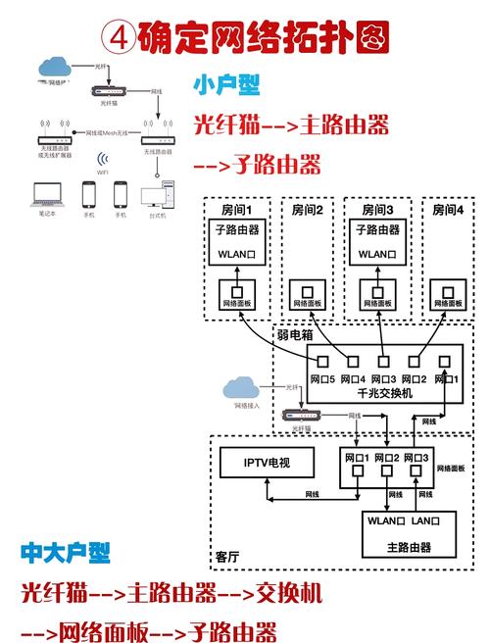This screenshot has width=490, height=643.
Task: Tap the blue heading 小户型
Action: (x=227, y=85)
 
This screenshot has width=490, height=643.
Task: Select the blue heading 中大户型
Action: (x=66, y=554)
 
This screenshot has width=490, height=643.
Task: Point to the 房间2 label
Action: (x=306, y=210)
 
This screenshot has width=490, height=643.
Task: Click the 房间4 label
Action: (x=447, y=210)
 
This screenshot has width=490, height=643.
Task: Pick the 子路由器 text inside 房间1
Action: (x=236, y=230)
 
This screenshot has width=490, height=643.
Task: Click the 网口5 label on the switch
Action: (x=323, y=378)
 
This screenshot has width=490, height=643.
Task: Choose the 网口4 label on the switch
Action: (x=352, y=378)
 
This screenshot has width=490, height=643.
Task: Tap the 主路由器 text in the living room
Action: (x=411, y=546)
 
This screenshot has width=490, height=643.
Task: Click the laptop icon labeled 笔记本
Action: (x=45, y=194)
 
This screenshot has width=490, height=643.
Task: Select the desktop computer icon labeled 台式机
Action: (x=156, y=194)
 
